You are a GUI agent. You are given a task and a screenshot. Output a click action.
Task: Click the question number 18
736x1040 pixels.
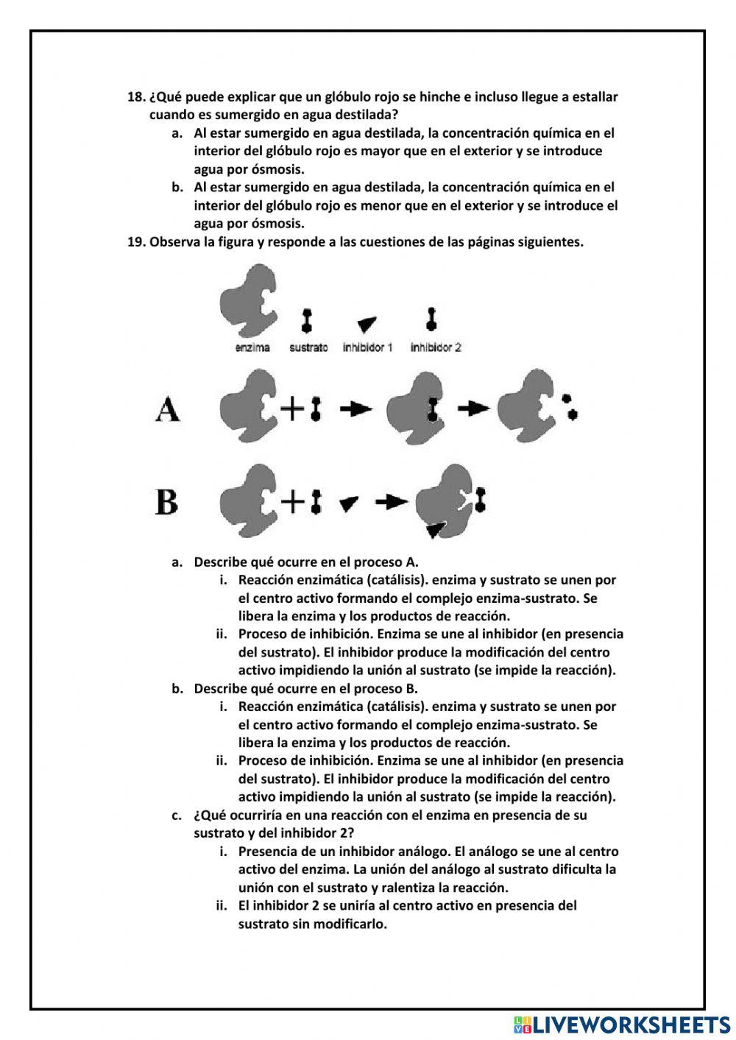(x=136, y=97)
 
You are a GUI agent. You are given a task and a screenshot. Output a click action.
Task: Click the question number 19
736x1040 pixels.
(x=136, y=242)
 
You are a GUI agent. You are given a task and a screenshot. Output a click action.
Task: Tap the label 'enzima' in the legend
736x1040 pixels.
(x=252, y=347)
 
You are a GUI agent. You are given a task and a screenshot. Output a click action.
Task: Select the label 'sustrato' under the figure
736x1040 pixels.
(x=308, y=347)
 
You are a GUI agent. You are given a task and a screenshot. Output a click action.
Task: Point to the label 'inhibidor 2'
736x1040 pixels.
(x=436, y=347)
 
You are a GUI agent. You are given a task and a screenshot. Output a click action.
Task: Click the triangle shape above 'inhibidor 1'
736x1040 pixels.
(x=367, y=324)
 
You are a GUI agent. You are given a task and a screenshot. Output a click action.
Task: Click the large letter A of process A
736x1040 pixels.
(x=168, y=409)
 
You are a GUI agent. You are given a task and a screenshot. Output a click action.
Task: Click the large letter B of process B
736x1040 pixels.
(x=167, y=503)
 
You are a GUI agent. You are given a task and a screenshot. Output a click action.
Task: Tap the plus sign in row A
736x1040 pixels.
(x=292, y=408)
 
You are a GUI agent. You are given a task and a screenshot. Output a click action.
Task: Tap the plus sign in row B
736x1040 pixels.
(x=292, y=502)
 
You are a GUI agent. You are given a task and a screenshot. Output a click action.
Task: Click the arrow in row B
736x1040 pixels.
(x=391, y=502)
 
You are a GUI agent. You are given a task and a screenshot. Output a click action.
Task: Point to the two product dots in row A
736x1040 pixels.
(x=569, y=407)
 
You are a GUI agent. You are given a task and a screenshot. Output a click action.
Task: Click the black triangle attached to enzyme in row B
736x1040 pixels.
(x=436, y=528)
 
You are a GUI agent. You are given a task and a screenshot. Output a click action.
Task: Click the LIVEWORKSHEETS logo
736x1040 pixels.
(x=622, y=1024)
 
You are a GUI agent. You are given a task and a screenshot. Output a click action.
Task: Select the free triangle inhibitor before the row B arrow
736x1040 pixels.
(x=349, y=503)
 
